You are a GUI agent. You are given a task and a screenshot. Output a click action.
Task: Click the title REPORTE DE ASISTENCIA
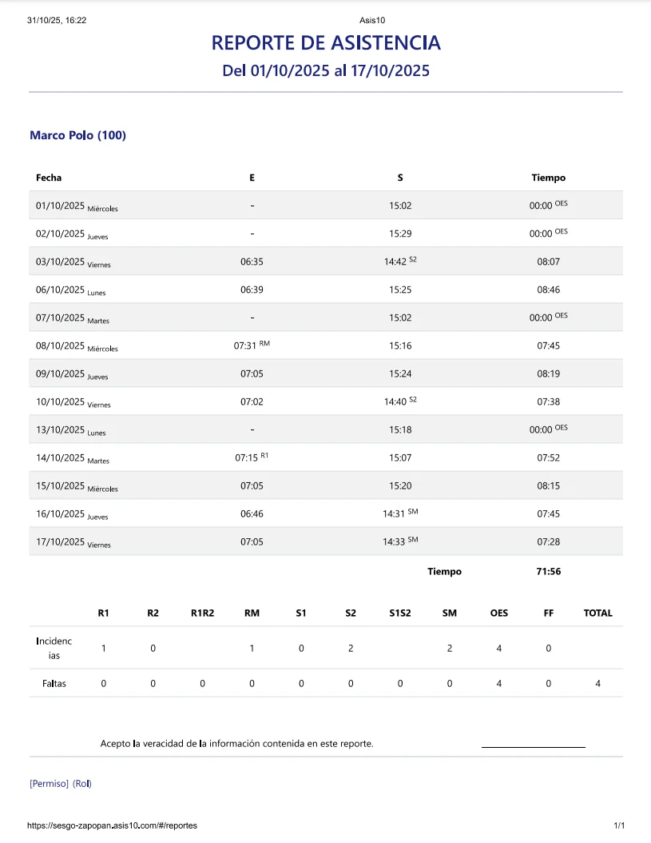pos(326,42)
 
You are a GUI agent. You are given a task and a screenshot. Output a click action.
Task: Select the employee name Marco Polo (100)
pos(77,135)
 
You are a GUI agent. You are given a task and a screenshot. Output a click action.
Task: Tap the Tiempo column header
pos(548,178)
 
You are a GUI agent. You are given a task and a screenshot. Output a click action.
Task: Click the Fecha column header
pos(49,178)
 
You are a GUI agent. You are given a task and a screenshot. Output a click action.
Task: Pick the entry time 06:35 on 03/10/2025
pos(252,262)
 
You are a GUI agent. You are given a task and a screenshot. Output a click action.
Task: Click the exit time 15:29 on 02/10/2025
pos(400,234)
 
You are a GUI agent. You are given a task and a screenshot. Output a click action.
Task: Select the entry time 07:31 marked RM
pos(245,346)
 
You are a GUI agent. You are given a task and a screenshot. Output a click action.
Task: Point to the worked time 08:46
pos(548,290)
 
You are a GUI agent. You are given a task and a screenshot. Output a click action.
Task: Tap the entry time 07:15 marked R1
pos(246,457)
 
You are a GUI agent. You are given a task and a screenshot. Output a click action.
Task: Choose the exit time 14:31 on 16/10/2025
pos(395,513)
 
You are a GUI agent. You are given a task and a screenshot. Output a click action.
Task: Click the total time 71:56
pos(548,572)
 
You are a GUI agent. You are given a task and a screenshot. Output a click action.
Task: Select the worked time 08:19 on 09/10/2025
pos(548,374)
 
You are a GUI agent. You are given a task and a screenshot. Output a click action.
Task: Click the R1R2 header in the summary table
pos(202,613)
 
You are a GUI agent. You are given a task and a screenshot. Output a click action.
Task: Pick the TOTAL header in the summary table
pos(597,613)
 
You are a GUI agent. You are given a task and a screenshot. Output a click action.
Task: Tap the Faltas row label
pos(54,684)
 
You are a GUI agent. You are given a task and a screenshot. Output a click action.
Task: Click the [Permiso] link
pos(49,784)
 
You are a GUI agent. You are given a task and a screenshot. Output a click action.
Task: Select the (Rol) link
pos(82,784)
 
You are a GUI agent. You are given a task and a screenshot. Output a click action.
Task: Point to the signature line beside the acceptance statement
pos(533,746)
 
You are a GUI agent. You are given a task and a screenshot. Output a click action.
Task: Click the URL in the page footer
pos(112,825)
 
